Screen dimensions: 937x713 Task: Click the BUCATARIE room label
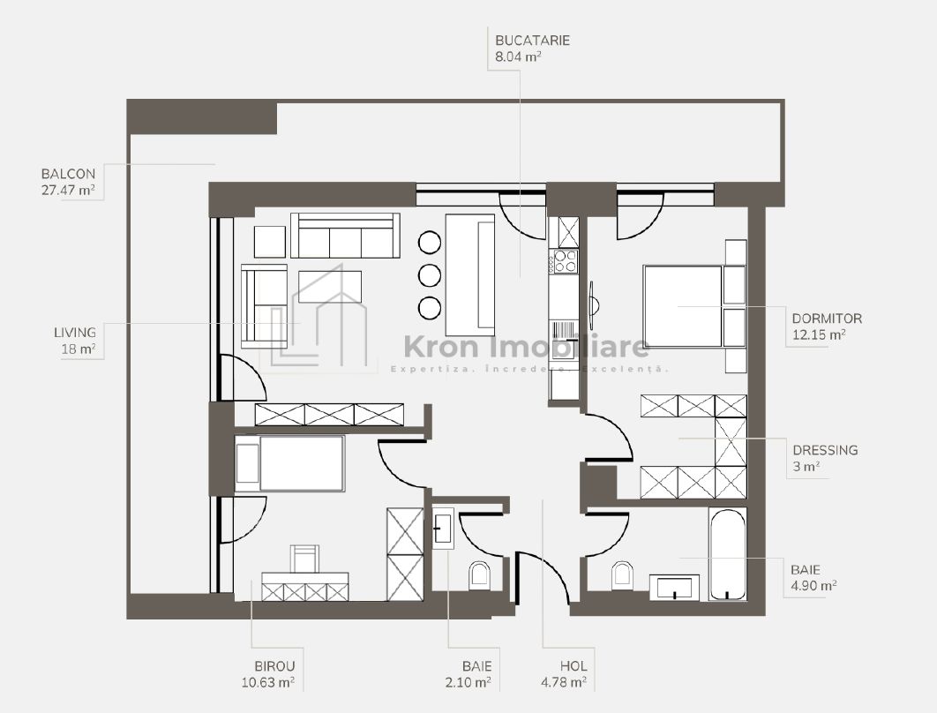[x=532, y=41]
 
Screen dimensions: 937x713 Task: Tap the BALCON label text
[x=68, y=174]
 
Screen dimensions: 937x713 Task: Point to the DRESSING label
[x=825, y=450]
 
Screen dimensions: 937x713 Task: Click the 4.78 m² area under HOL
[x=564, y=682]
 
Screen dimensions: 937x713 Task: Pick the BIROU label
[x=275, y=665]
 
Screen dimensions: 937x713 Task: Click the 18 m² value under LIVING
[x=79, y=349]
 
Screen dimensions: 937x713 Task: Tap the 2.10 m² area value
[x=468, y=682]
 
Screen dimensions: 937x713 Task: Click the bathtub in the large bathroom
[x=727, y=554]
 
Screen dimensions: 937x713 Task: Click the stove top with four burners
[x=566, y=260]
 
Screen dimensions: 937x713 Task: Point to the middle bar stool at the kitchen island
[x=430, y=275]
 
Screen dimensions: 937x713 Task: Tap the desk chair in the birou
[x=304, y=559]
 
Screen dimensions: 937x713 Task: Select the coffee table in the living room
[x=330, y=287]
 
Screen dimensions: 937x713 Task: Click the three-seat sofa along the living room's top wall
[x=345, y=236]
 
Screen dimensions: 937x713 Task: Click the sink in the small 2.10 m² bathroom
[x=443, y=529]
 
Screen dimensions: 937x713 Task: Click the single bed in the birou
[x=289, y=464]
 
